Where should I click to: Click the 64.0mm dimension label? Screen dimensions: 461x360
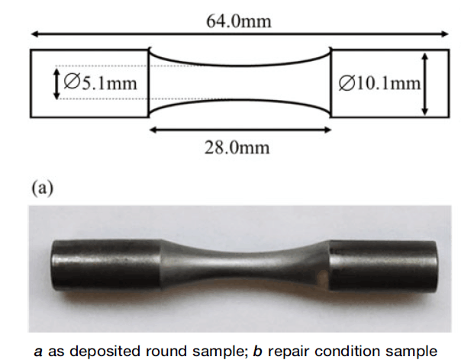pyautogui.click(x=239, y=21)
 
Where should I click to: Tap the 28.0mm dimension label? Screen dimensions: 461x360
pyautogui.click(x=237, y=147)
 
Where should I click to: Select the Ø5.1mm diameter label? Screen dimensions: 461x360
pyautogui.click(x=100, y=82)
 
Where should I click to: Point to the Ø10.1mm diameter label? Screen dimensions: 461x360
pyautogui.click(x=379, y=83)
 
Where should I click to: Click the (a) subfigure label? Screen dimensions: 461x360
pyautogui.click(x=42, y=188)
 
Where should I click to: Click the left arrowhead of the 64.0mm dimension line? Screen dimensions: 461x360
pyautogui.click(x=34, y=34)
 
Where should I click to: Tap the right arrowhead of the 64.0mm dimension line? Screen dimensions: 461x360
pyautogui.click(x=444, y=34)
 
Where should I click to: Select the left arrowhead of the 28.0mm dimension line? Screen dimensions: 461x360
pyautogui.click(x=153, y=130)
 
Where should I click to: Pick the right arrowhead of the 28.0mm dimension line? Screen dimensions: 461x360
pyautogui.click(x=327, y=130)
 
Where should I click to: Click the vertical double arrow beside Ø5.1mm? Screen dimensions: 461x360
pyautogui.click(x=56, y=83)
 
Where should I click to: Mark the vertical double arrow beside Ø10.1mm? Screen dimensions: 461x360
pyautogui.click(x=424, y=84)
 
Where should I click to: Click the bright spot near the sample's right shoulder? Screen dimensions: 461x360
pyautogui.click(x=324, y=277)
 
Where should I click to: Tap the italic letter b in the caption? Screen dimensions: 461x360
pyautogui.click(x=257, y=351)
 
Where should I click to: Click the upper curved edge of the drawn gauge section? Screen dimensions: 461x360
pyautogui.click(x=240, y=65)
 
